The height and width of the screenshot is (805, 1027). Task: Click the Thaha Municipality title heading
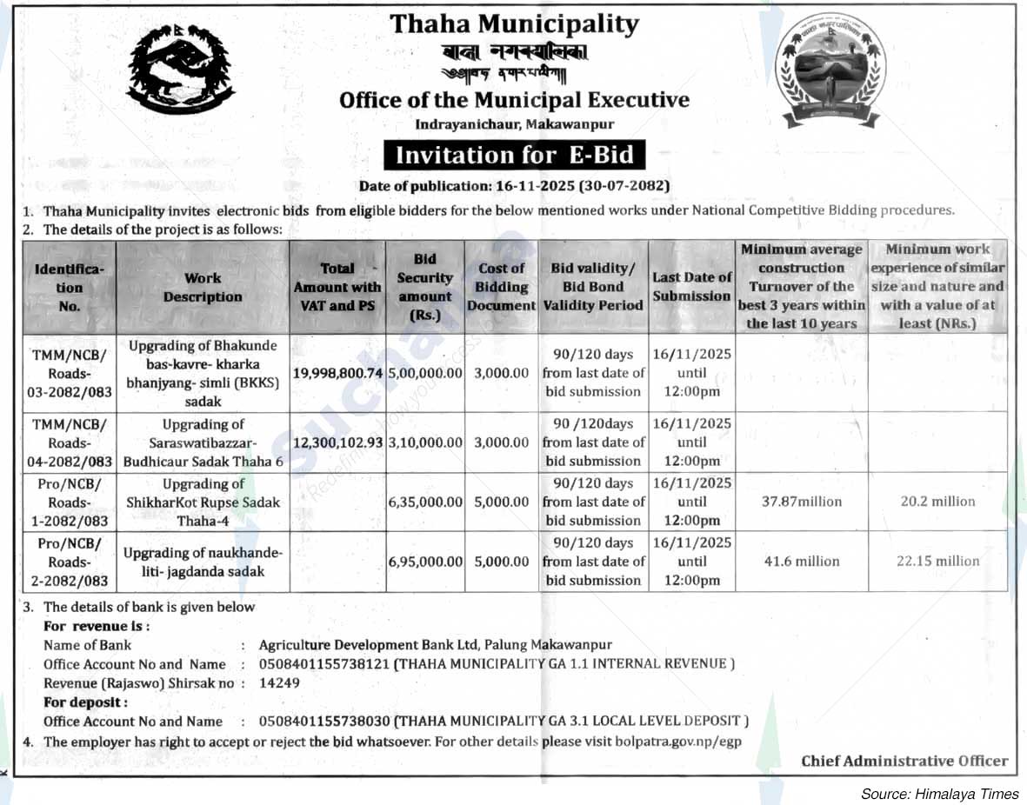click(514, 23)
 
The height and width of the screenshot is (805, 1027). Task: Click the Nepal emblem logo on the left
click(181, 69)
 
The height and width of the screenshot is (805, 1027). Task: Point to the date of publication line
click(514, 186)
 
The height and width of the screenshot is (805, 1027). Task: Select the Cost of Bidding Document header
click(502, 287)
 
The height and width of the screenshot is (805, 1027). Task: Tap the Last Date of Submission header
click(692, 287)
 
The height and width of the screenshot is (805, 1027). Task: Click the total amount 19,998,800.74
click(338, 372)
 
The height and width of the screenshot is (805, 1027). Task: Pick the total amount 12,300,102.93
click(338, 442)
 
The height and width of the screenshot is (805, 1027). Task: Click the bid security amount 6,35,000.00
click(425, 502)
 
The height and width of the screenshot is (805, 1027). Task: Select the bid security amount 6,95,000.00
click(425, 562)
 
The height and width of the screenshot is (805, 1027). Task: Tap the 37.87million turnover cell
click(802, 502)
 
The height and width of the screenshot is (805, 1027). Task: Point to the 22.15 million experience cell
click(937, 562)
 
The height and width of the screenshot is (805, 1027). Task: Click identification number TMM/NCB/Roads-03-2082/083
click(70, 372)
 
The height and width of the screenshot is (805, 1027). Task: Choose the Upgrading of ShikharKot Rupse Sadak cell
click(203, 502)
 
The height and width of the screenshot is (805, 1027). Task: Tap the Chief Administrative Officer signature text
click(904, 761)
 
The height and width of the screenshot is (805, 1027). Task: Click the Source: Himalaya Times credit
click(939, 794)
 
